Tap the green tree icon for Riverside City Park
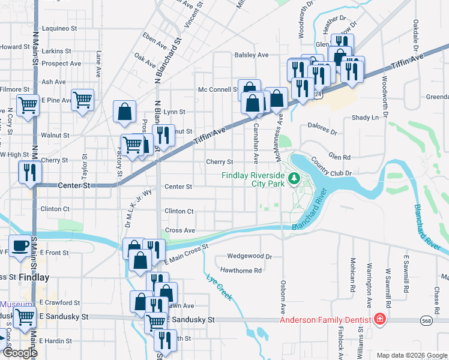point(294,178)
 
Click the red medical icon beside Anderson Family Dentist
point(379,319)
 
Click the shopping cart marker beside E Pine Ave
point(83,99)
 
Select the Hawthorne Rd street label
point(241,270)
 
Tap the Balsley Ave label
point(252,55)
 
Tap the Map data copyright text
point(411,355)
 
